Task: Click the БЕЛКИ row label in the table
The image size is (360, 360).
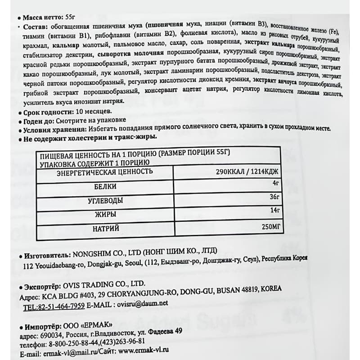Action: point(106,186)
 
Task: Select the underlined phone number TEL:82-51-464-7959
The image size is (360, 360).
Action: point(54,306)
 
